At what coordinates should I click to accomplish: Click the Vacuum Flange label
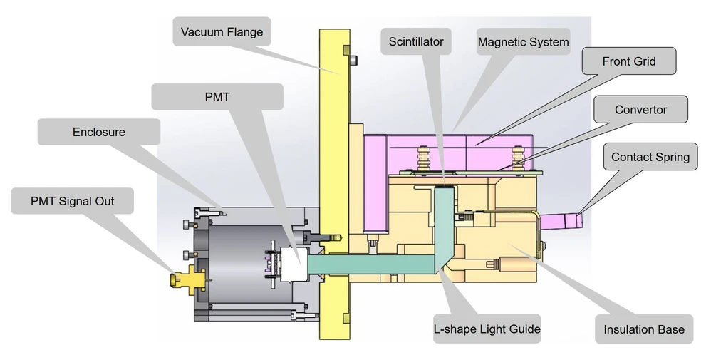coord(222,33)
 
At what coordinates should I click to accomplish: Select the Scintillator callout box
coord(416,42)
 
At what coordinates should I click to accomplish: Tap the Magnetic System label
coord(523,42)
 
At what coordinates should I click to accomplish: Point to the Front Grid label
coord(628,62)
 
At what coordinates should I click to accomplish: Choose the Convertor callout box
coord(640,110)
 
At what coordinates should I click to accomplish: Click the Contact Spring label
coord(650,157)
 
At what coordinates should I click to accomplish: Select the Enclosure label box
coord(98,133)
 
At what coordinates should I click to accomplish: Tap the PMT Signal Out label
coord(73,202)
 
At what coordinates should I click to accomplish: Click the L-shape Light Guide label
coord(487,329)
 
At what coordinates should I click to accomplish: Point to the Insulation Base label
coord(643,329)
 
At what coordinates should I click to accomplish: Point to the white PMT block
coord(294,263)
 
